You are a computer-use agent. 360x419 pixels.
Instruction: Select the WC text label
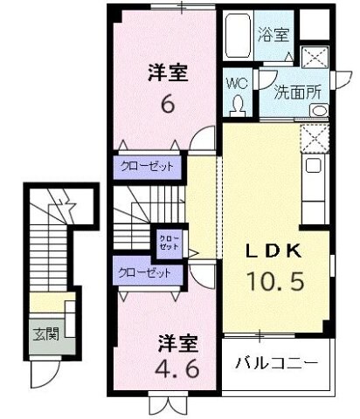pos(237,84)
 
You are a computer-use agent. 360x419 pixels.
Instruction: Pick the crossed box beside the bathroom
pos(314,55)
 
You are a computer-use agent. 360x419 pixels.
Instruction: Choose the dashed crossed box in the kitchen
pos(313,137)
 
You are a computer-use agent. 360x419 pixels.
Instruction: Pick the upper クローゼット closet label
pos(147,166)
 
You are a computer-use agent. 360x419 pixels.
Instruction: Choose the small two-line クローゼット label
pos(167,241)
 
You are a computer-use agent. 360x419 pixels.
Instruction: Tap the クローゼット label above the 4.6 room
pos(147,272)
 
